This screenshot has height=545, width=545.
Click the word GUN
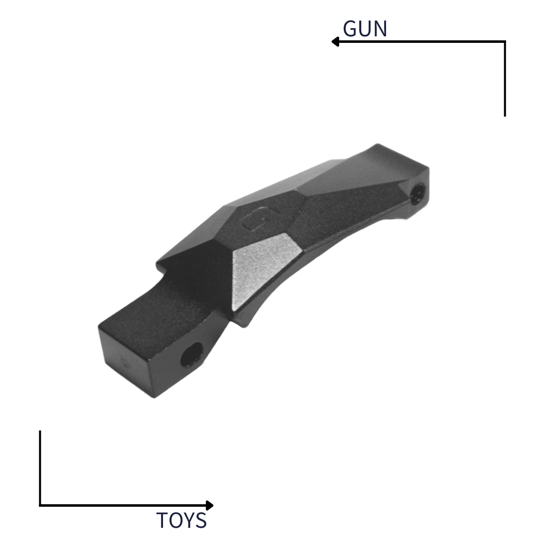pos(365,28)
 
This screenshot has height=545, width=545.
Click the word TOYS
pos(182,520)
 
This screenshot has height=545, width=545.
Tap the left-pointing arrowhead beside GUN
pos(335,42)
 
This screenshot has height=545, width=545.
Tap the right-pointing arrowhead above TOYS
pos(209,505)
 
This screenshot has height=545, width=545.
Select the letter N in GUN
pos(380,28)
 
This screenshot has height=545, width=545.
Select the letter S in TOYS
pos(201,520)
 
